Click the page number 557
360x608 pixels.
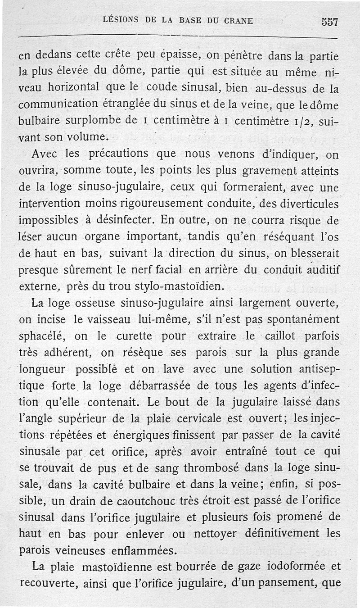click(329, 21)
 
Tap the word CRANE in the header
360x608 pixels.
click(238, 20)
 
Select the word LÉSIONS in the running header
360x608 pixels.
click(121, 20)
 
